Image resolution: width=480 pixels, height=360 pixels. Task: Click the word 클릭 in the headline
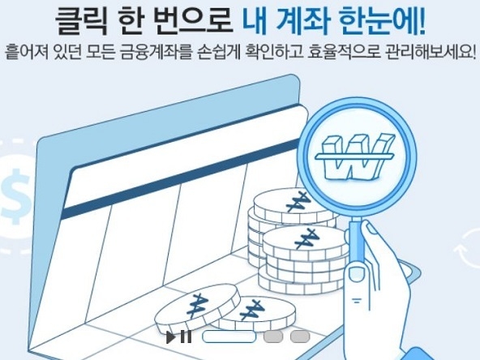coord(82,21)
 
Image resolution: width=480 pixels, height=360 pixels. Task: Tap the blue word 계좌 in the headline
coord(302,21)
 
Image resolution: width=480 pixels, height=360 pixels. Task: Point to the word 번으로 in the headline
coord(194,21)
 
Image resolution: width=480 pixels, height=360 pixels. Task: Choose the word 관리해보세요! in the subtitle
coord(431,51)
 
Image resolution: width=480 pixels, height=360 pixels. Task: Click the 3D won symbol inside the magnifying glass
coord(355,156)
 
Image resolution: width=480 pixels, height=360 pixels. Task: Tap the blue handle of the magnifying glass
coord(357,242)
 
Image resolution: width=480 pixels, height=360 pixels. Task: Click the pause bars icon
coord(186,336)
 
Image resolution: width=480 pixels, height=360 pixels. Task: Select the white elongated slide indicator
coord(229,336)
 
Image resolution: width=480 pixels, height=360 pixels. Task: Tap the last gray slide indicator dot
coord(300,336)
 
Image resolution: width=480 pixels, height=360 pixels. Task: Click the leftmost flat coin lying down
coord(196,306)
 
